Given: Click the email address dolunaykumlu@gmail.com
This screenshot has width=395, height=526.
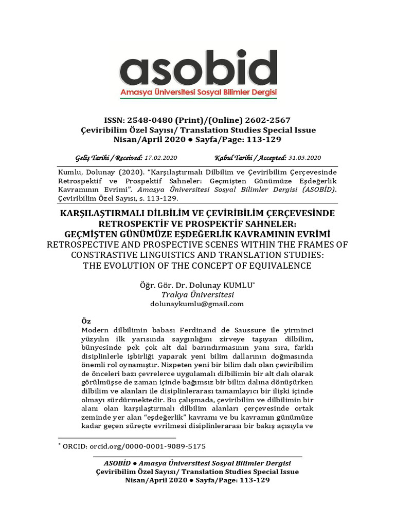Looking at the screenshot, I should pyautogui.click(x=197, y=304).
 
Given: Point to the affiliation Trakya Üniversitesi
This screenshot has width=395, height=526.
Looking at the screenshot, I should pyautogui.click(x=197, y=294).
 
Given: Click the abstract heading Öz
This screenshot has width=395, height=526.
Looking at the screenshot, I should pyautogui.click(x=86, y=320).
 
